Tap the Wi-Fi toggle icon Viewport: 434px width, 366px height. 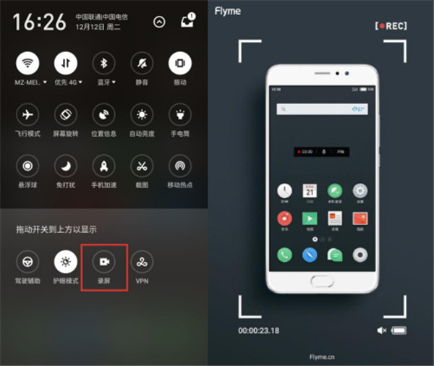click(27, 64)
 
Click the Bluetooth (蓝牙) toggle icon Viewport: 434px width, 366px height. click(103, 64)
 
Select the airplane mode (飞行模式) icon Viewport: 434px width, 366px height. click(27, 115)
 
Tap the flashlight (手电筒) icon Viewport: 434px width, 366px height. click(179, 115)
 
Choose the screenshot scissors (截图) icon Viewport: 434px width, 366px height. click(142, 166)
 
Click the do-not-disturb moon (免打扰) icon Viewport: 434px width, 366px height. click(66, 166)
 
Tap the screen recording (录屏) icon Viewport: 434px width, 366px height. click(104, 261)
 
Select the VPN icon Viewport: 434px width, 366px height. click(142, 261)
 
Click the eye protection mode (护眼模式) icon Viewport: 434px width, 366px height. click(66, 261)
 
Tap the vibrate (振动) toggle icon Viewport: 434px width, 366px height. click(179, 64)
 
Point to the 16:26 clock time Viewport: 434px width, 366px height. click(38, 22)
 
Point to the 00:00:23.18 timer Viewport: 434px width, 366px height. click(260, 331)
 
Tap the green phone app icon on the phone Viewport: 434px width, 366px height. click(284, 255)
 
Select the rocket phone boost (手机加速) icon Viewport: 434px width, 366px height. click(103, 166)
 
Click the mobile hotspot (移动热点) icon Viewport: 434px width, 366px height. click(179, 166)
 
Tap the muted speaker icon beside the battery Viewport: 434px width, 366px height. click(381, 331)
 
